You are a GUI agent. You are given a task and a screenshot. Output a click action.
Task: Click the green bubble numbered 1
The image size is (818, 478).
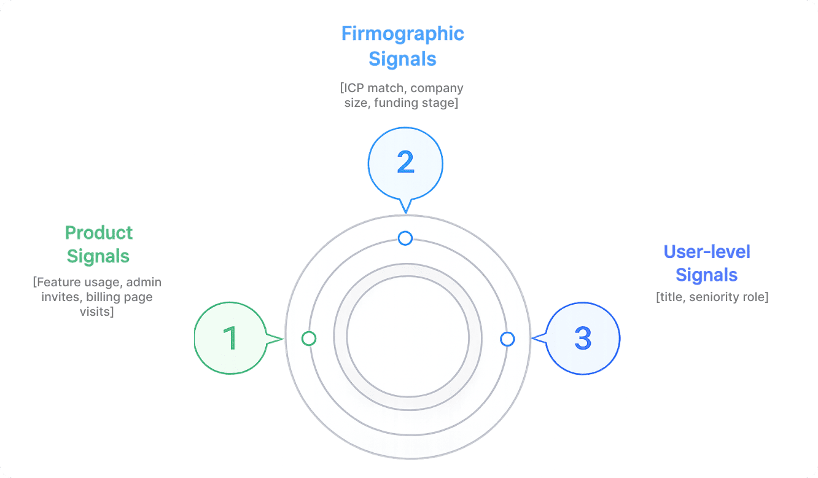point(230,338)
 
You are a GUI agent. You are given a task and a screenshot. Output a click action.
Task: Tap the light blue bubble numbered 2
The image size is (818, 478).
point(405,163)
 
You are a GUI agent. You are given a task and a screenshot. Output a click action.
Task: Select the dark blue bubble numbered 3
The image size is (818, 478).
point(583,338)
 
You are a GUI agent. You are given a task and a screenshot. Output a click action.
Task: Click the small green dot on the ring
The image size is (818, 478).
point(309,339)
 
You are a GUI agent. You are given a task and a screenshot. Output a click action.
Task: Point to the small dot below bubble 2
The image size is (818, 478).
point(405,238)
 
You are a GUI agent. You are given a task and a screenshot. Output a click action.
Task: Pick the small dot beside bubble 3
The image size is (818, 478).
point(507,339)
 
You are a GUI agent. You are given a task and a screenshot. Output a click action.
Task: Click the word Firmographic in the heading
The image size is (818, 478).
point(403,33)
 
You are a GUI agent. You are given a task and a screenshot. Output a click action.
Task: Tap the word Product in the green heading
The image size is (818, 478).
point(99,233)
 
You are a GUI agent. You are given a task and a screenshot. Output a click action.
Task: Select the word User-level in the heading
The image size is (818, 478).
point(707,252)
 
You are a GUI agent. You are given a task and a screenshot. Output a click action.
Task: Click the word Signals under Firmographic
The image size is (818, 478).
point(403,59)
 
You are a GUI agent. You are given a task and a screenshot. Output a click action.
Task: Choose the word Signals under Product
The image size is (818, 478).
point(98,256)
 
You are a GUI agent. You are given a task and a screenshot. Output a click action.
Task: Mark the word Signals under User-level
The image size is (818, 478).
point(707,275)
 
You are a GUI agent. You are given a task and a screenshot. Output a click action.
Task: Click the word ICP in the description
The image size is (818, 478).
point(356,88)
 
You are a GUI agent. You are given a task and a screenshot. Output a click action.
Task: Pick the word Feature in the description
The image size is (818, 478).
point(58,282)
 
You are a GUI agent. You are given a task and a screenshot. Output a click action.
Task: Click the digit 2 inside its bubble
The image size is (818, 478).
point(405,163)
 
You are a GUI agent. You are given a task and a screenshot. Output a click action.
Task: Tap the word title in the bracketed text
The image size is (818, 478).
point(671,297)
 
